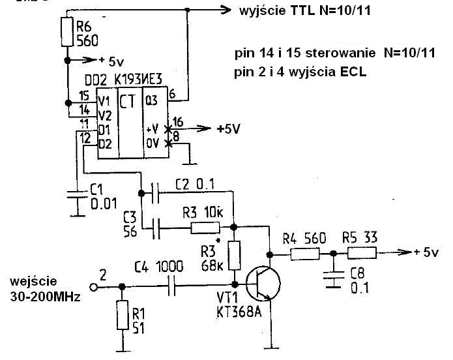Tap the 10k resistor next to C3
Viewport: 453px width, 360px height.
pyautogui.click(x=205, y=228)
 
